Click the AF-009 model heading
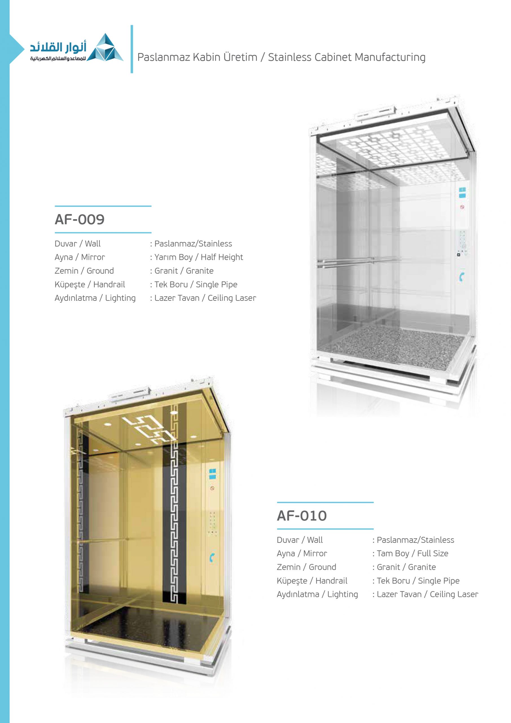pos(80,219)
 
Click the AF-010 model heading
pos(302,516)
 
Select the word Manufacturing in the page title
pos(390,57)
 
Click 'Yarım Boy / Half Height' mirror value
pos(199,257)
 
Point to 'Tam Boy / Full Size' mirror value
pos(412,554)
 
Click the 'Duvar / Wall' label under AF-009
pos(77,244)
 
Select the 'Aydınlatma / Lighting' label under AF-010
pos(317,594)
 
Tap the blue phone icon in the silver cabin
pos(461,277)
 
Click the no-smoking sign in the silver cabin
pos(462,207)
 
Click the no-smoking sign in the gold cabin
pos(212,488)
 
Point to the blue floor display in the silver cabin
pos(462,193)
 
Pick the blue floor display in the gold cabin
pos(212,474)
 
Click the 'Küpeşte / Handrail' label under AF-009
pos(90,285)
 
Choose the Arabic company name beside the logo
pos(58,48)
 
